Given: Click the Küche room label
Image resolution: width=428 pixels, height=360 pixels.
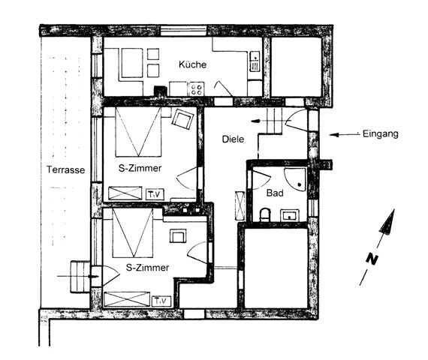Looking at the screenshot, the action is point(192,64).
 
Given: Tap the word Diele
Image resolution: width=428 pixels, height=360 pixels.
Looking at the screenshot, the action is point(233,139).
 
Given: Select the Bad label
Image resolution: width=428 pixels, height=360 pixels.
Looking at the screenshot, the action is point(275,193).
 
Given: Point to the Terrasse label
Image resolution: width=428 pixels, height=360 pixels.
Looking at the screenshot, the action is point(65,169).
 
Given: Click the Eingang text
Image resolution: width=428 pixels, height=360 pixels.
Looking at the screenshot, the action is point(380,134).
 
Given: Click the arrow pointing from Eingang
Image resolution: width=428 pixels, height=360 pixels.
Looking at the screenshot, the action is point(345,134).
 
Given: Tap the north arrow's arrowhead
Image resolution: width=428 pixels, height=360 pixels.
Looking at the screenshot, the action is point(387,221).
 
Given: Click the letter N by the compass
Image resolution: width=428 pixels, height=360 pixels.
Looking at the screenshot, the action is point(372,259).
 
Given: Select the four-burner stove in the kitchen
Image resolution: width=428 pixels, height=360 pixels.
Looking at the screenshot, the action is point(197,89).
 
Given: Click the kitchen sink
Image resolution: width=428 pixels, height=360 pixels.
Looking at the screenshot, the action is point(254,61).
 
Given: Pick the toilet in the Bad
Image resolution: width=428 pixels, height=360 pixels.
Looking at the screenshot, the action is point(264,215).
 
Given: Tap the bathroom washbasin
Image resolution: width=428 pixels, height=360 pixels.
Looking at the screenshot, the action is point(290,215).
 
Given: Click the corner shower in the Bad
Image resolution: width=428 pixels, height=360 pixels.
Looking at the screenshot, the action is point(296,179).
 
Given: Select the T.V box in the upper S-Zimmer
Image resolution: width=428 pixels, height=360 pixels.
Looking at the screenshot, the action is point(155,194).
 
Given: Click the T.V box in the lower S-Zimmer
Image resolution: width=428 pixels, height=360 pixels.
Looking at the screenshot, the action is point(161,301).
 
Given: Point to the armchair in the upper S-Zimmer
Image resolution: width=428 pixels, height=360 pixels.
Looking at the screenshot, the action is point(182,119).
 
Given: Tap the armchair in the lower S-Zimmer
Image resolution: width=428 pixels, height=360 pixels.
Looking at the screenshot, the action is point(178,236).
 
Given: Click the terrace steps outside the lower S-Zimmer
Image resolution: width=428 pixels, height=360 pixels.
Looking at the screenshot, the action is point(80,277).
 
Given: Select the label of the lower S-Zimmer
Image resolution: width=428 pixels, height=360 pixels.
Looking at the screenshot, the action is point(147,268).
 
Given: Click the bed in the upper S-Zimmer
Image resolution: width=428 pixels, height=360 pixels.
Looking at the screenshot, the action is point(138,132).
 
